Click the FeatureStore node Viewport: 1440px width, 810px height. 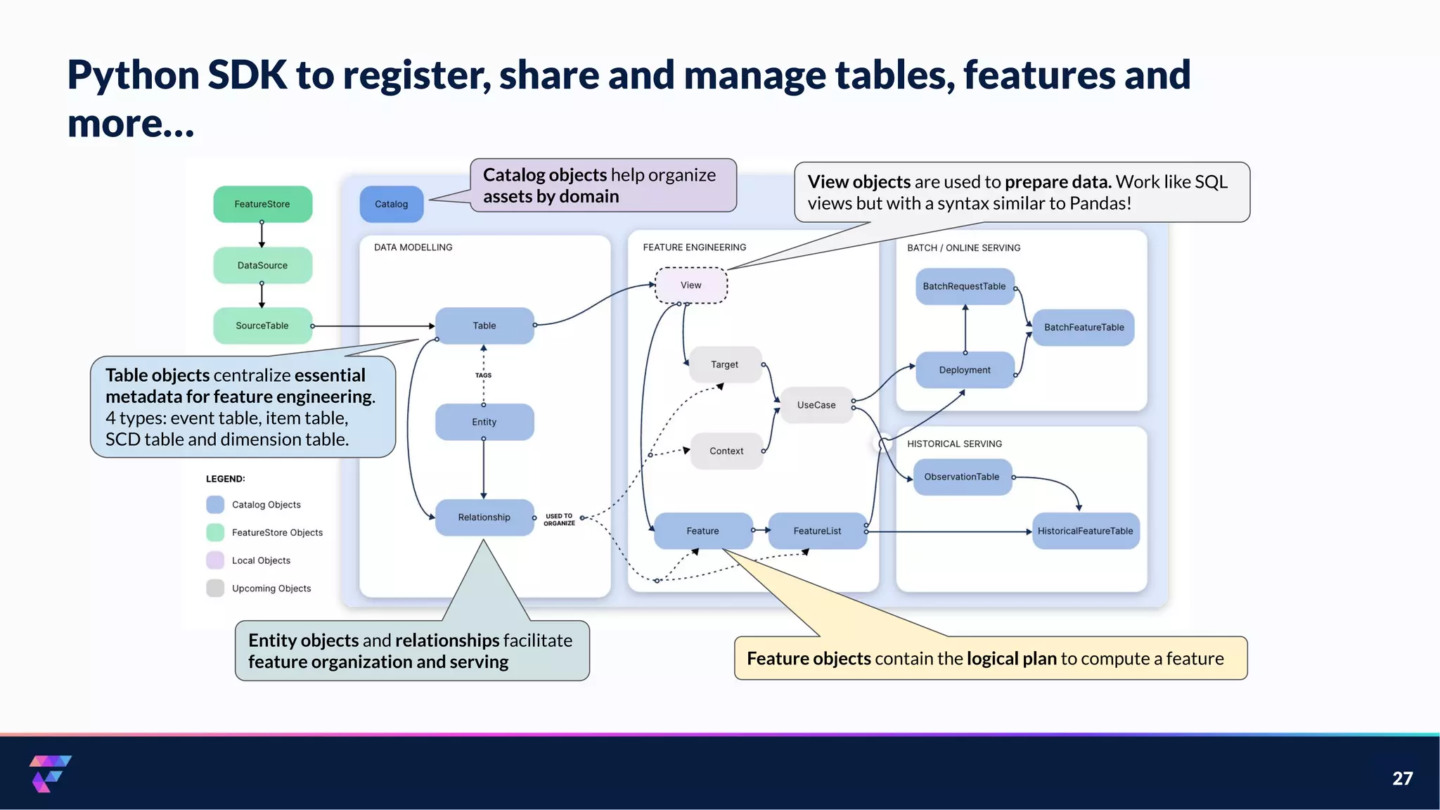[262, 204]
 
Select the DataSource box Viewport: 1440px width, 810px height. [262, 265]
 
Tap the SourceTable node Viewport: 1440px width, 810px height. [262, 326]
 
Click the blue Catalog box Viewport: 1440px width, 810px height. [391, 204]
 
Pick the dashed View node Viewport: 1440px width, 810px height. [690, 285]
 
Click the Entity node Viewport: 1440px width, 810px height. [484, 422]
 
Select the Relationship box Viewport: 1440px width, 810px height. [484, 517]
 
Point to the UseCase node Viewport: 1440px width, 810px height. [816, 405]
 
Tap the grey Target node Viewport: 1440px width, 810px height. [724, 364]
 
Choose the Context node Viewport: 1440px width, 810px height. [726, 451]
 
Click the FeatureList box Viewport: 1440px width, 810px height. [817, 531]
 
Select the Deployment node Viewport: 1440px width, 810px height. [964, 370]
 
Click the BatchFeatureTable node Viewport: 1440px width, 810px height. [1084, 327]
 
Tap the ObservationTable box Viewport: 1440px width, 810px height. [961, 477]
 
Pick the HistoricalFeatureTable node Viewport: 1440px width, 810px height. [1085, 531]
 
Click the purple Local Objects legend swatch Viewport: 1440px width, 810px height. [215, 560]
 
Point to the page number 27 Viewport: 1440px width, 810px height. [1402, 778]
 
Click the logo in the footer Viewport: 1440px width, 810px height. [50, 773]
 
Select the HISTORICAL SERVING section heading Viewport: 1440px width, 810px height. [954, 444]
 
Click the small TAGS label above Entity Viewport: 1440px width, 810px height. [483, 375]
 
